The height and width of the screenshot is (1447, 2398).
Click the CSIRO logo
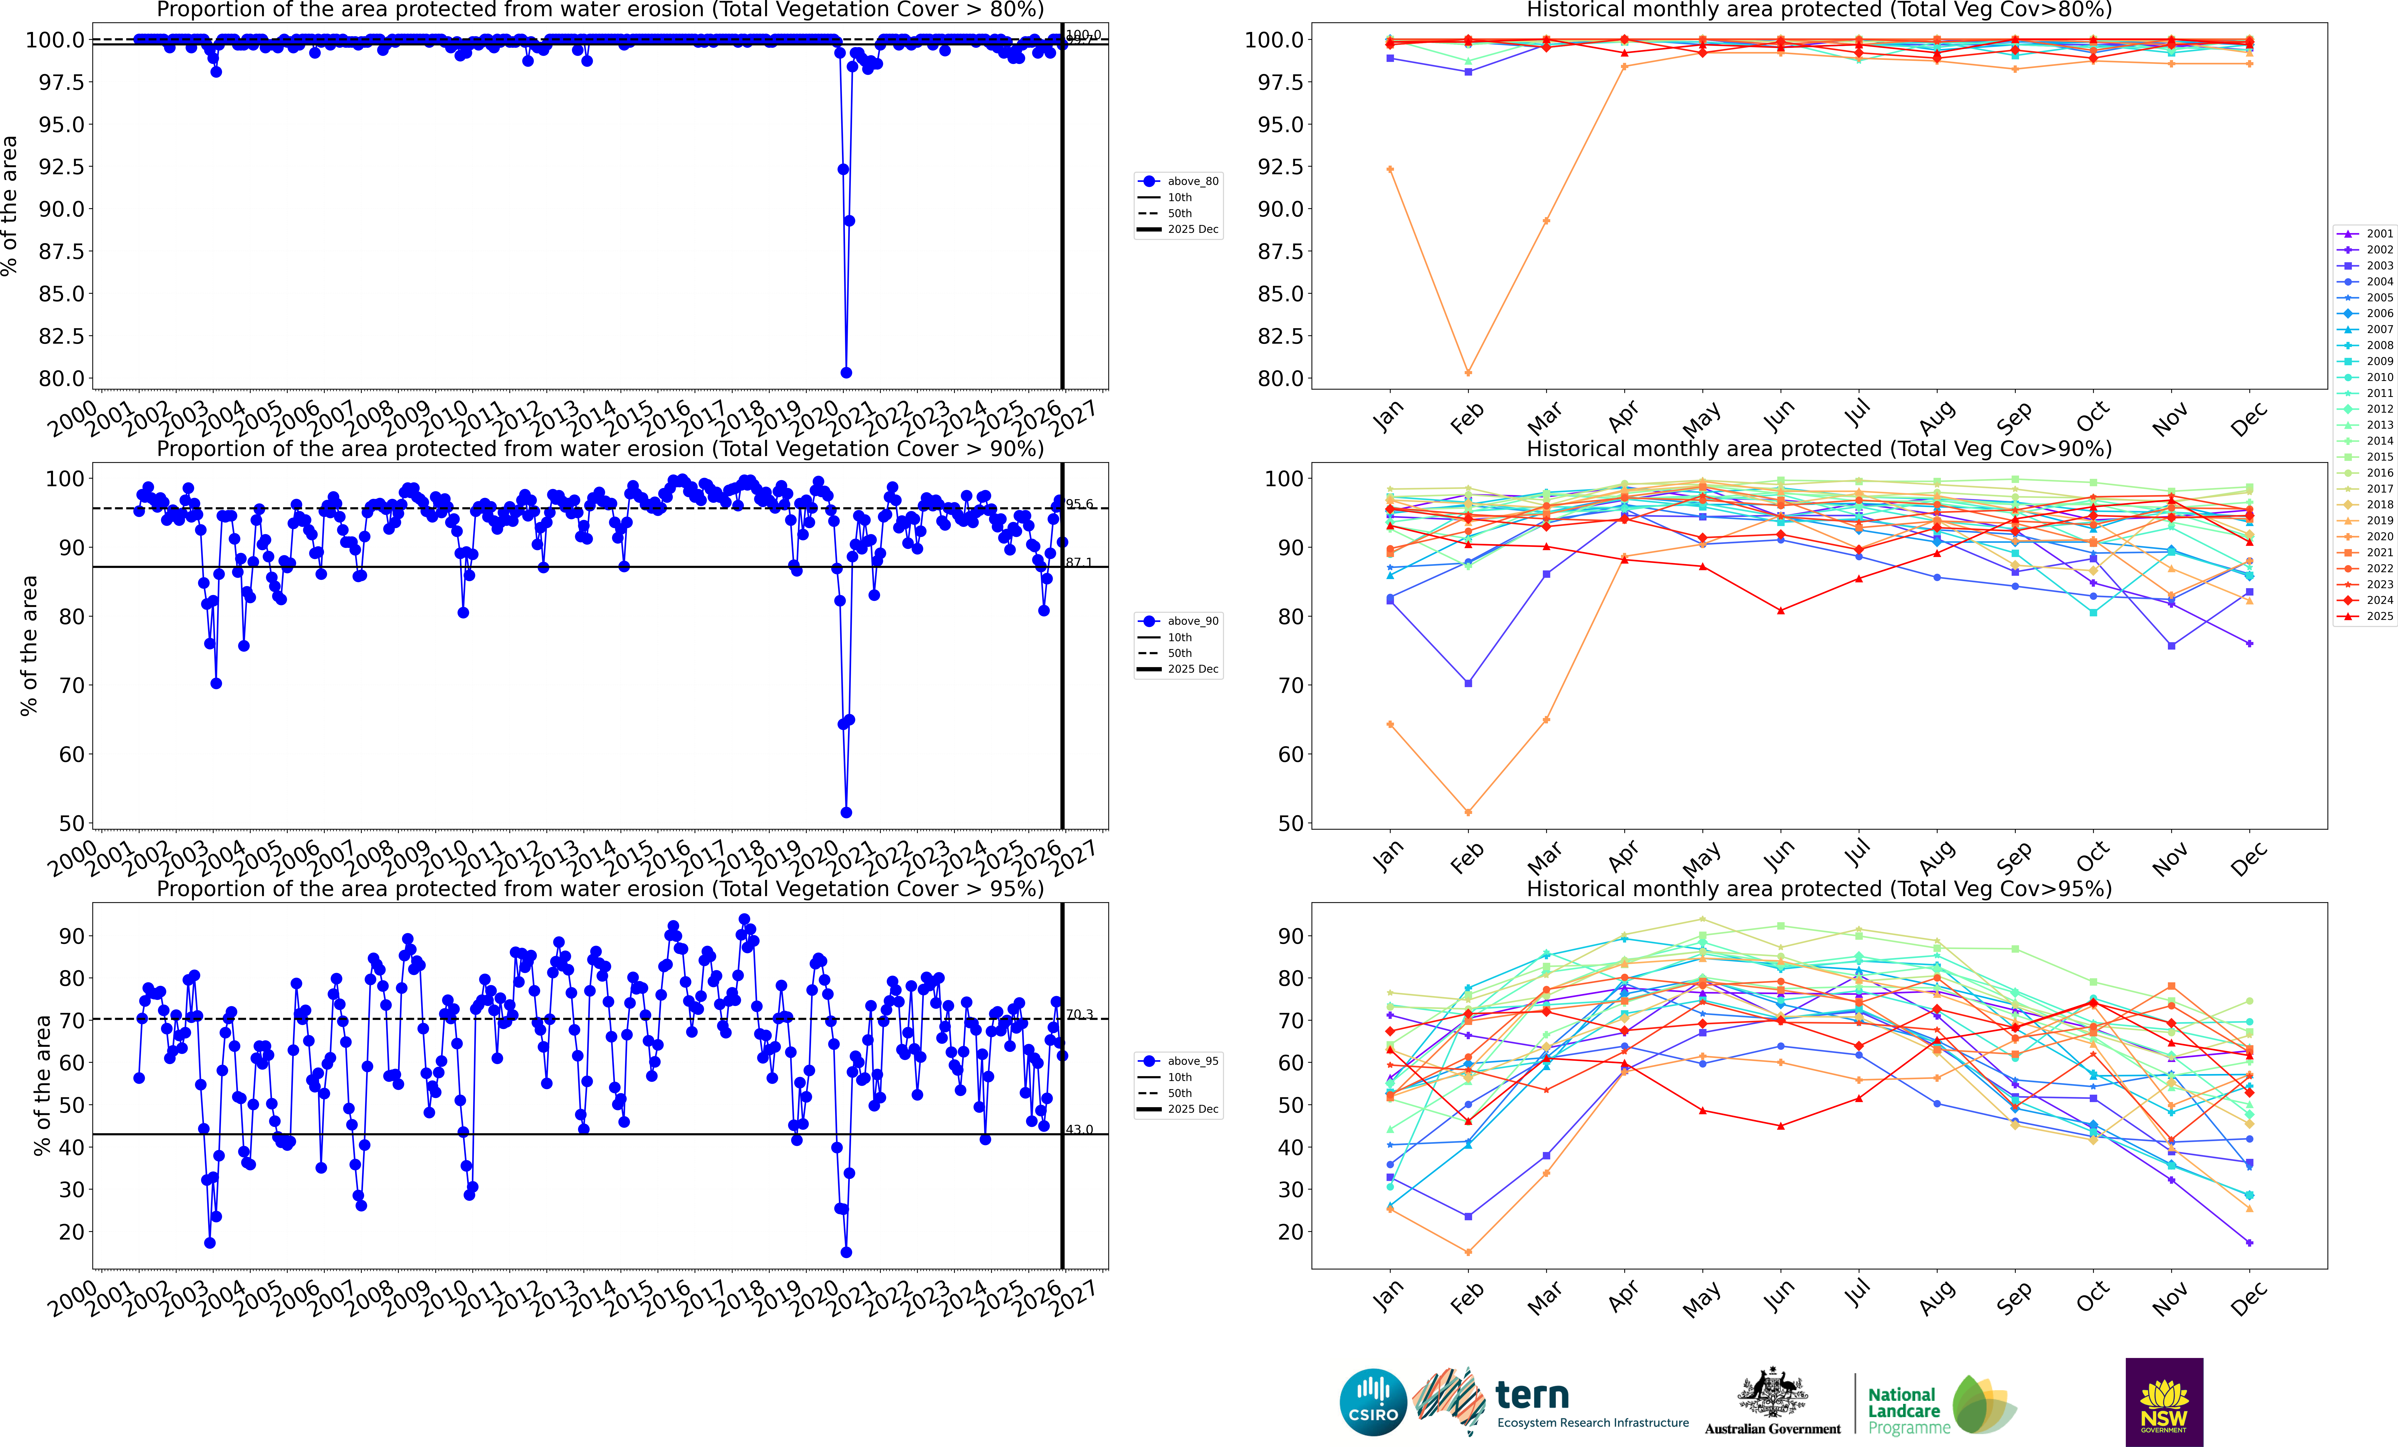click(1373, 1402)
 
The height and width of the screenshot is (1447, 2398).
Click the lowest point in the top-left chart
click(846, 373)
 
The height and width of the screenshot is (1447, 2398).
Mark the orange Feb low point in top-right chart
click(1468, 373)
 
